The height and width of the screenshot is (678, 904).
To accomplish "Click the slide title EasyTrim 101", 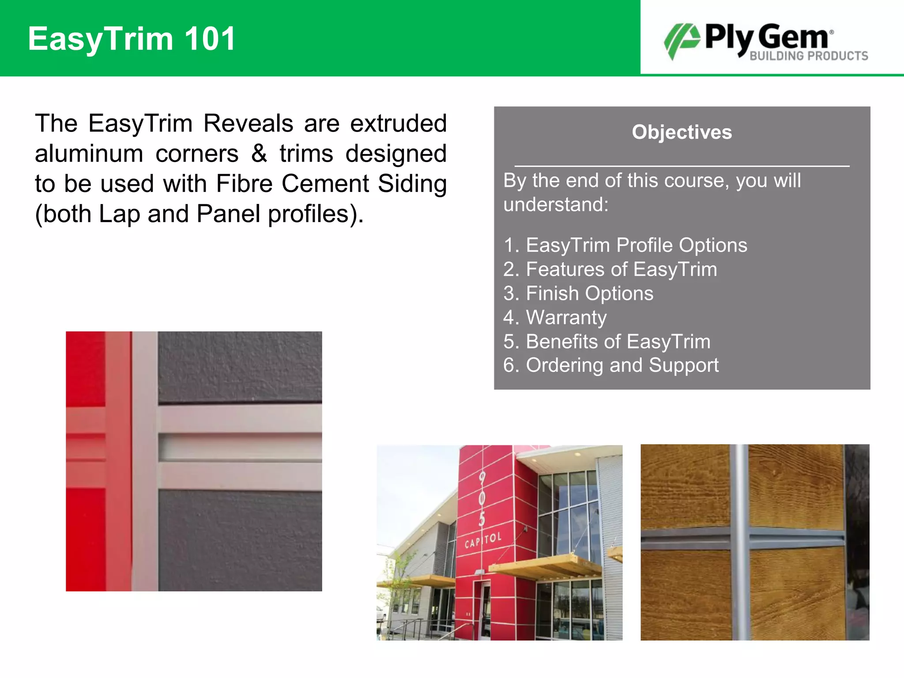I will pos(132,39).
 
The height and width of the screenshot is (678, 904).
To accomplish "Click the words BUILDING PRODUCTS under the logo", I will pos(809,56).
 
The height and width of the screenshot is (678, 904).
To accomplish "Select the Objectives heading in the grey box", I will pos(682,132).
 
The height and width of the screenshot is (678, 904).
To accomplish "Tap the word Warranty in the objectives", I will pos(566,317).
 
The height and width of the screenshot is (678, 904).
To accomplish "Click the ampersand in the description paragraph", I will pos(259,154).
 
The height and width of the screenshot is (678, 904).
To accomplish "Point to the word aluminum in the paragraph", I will pos(89,154).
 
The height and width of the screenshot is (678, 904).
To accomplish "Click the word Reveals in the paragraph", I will pos(248,123).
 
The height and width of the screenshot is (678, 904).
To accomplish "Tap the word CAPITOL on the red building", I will pos(483,539).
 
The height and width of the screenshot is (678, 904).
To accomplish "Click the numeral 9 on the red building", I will pos(482,478).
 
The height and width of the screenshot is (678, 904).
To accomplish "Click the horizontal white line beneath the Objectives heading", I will pos(682,166).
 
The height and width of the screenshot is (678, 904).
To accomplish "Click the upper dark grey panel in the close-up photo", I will pos(240,366).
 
